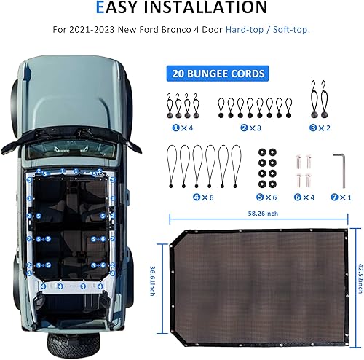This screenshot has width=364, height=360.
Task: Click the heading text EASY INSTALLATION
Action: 182,9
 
